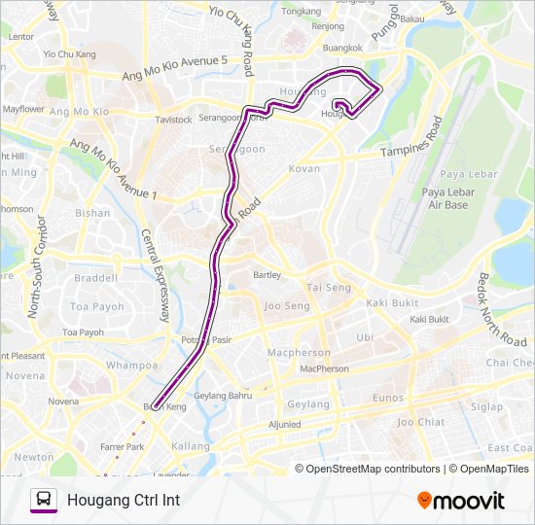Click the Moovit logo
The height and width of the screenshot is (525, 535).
click(461, 501)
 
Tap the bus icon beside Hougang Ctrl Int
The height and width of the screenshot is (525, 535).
click(44, 501)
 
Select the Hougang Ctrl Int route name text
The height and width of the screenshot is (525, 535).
click(124, 501)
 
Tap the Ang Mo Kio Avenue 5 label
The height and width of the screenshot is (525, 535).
click(175, 68)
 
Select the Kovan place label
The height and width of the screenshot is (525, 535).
click(304, 169)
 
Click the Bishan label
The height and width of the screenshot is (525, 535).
click(92, 212)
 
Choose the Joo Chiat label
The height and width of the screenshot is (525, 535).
click(418, 422)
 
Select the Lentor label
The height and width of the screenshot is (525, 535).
click(20, 36)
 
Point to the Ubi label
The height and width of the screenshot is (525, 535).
click(365, 337)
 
